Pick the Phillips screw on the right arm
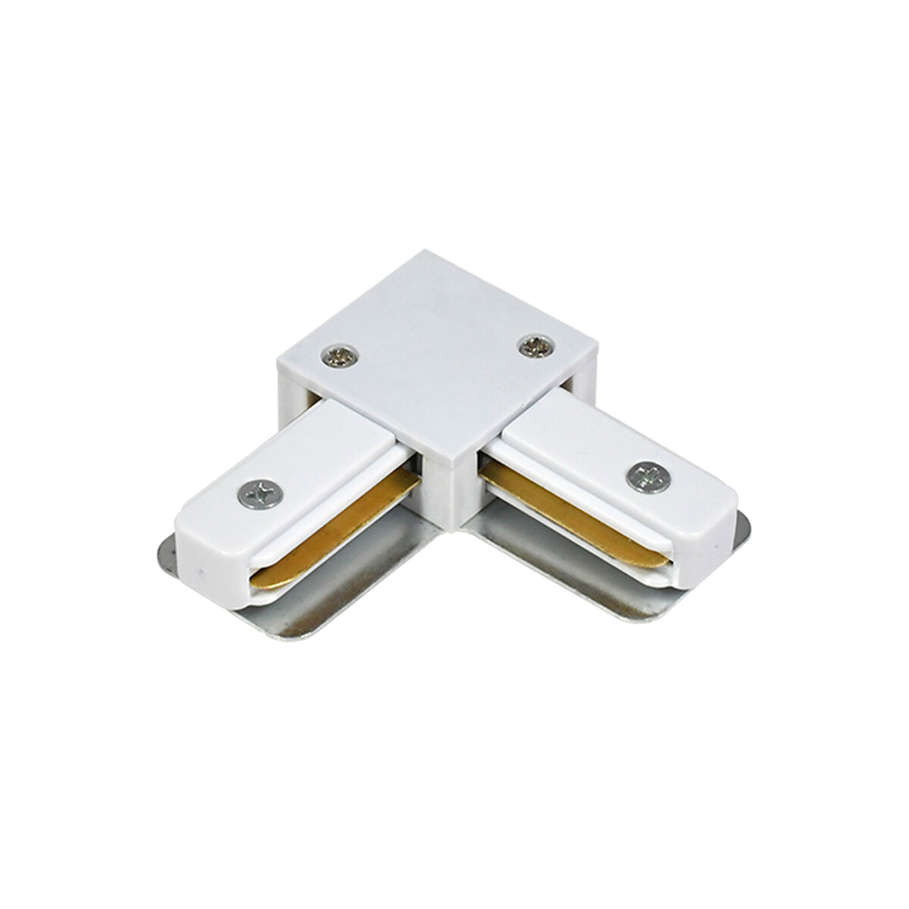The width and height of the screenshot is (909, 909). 642,476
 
